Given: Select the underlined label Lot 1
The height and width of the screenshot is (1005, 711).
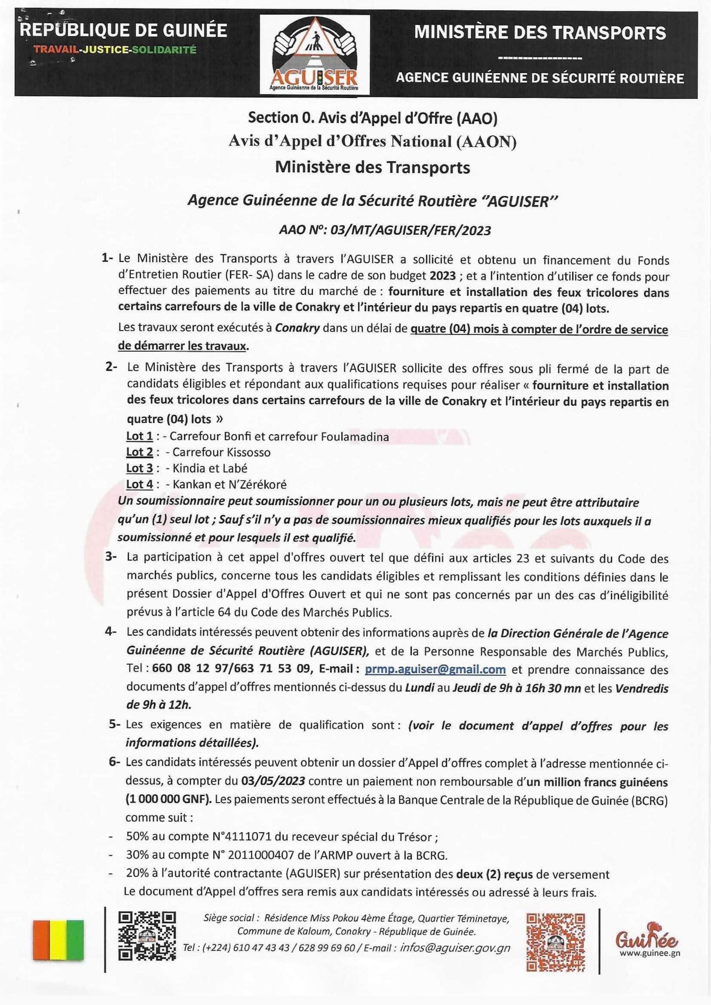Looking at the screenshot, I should pyautogui.click(x=140, y=437).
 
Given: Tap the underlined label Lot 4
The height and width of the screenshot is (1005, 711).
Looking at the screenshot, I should pyautogui.click(x=140, y=484).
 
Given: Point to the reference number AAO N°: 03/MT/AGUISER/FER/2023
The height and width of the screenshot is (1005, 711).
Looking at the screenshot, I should pyautogui.click(x=385, y=231).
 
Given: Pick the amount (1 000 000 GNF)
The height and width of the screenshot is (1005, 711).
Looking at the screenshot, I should pyautogui.click(x=168, y=800).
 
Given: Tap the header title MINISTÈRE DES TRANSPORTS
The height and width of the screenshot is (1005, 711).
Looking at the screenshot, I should pyautogui.click(x=539, y=33).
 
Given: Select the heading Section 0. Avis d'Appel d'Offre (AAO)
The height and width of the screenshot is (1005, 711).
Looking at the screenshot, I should pyautogui.click(x=373, y=118).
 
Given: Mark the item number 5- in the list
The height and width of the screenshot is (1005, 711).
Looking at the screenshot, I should pyautogui.click(x=115, y=724).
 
